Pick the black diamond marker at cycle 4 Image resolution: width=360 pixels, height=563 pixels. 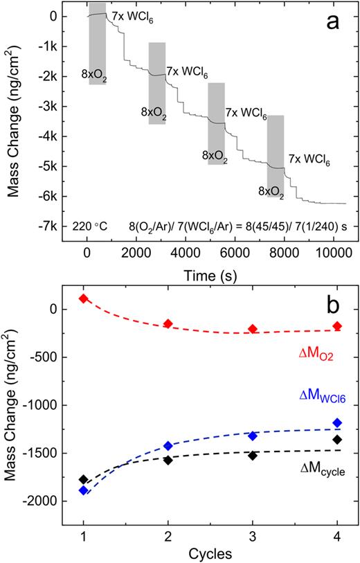point(337,440)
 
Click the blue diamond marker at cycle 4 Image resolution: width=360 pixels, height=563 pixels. point(337,422)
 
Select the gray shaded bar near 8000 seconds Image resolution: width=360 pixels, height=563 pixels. point(276,156)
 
